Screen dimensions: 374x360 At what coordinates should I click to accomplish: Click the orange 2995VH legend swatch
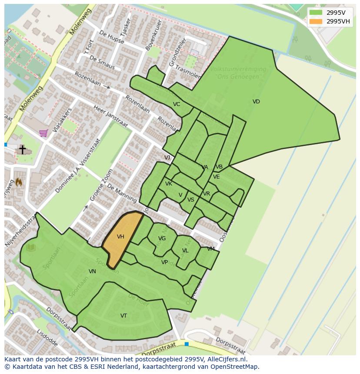pyautogui.click(x=316, y=21)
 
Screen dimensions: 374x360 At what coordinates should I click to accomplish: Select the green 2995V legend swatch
pyautogui.click(x=316, y=13)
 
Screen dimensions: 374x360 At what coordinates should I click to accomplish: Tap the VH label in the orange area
pyautogui.click(x=120, y=237)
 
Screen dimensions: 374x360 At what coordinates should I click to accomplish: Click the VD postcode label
pyautogui.click(x=256, y=102)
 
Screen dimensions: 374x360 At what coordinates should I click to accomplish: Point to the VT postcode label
pyautogui.click(x=123, y=316)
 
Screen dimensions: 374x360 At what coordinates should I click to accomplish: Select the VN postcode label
pyautogui.click(x=92, y=271)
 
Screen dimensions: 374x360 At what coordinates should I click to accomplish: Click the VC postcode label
pyautogui.click(x=176, y=104)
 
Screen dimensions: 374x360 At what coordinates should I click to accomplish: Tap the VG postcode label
pyautogui.click(x=162, y=238)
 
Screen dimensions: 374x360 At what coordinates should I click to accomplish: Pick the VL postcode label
pyautogui.click(x=185, y=251)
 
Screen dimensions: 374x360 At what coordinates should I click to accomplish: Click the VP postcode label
pyautogui.click(x=164, y=262)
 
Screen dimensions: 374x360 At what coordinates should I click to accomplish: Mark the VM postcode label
pyautogui.click(x=211, y=249)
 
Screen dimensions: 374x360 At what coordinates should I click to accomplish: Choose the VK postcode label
pyautogui.click(x=169, y=184)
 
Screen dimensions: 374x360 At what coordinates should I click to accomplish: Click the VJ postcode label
pyautogui.click(x=167, y=158)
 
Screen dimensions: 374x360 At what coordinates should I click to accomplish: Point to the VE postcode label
pyautogui.click(x=216, y=177)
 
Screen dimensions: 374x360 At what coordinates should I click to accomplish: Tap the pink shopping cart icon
pyautogui.click(x=43, y=133)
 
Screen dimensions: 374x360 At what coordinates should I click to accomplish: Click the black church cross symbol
pyautogui.click(x=22, y=149)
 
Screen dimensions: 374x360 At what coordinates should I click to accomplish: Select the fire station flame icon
pyautogui.click(x=19, y=182)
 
